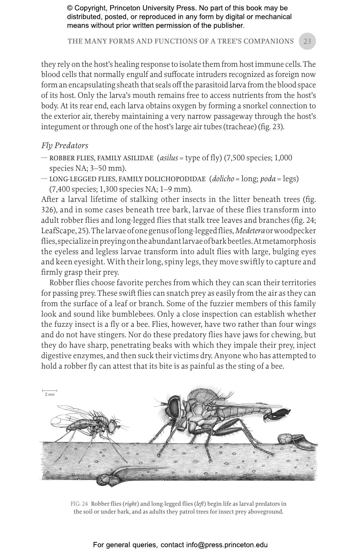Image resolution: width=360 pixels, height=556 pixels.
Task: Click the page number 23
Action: pyautogui.click(x=307, y=41)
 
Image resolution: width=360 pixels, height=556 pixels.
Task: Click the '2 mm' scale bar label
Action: pyautogui.click(x=50, y=394)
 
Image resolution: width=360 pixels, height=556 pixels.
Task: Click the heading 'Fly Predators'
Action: pyautogui.click(x=64, y=146)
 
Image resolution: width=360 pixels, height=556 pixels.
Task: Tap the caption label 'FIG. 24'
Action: pyautogui.click(x=79, y=504)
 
